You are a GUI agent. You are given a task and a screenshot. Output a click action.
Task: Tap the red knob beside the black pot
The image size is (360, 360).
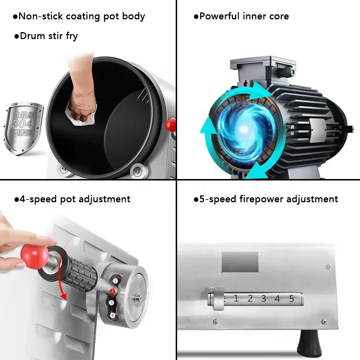[x=170, y=125]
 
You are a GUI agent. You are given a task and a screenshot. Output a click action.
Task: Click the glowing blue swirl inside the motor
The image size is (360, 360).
[x=244, y=128]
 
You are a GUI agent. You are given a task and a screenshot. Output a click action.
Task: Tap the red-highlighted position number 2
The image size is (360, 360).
[x=111, y=291]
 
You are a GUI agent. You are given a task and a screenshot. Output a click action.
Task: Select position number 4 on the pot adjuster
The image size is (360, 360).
[x=112, y=315]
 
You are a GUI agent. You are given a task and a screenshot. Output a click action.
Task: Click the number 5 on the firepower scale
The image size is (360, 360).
[x=291, y=299]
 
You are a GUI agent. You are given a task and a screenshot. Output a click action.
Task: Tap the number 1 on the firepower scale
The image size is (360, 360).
[x=236, y=299]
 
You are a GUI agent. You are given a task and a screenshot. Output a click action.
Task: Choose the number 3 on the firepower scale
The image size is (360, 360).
[x=264, y=299]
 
